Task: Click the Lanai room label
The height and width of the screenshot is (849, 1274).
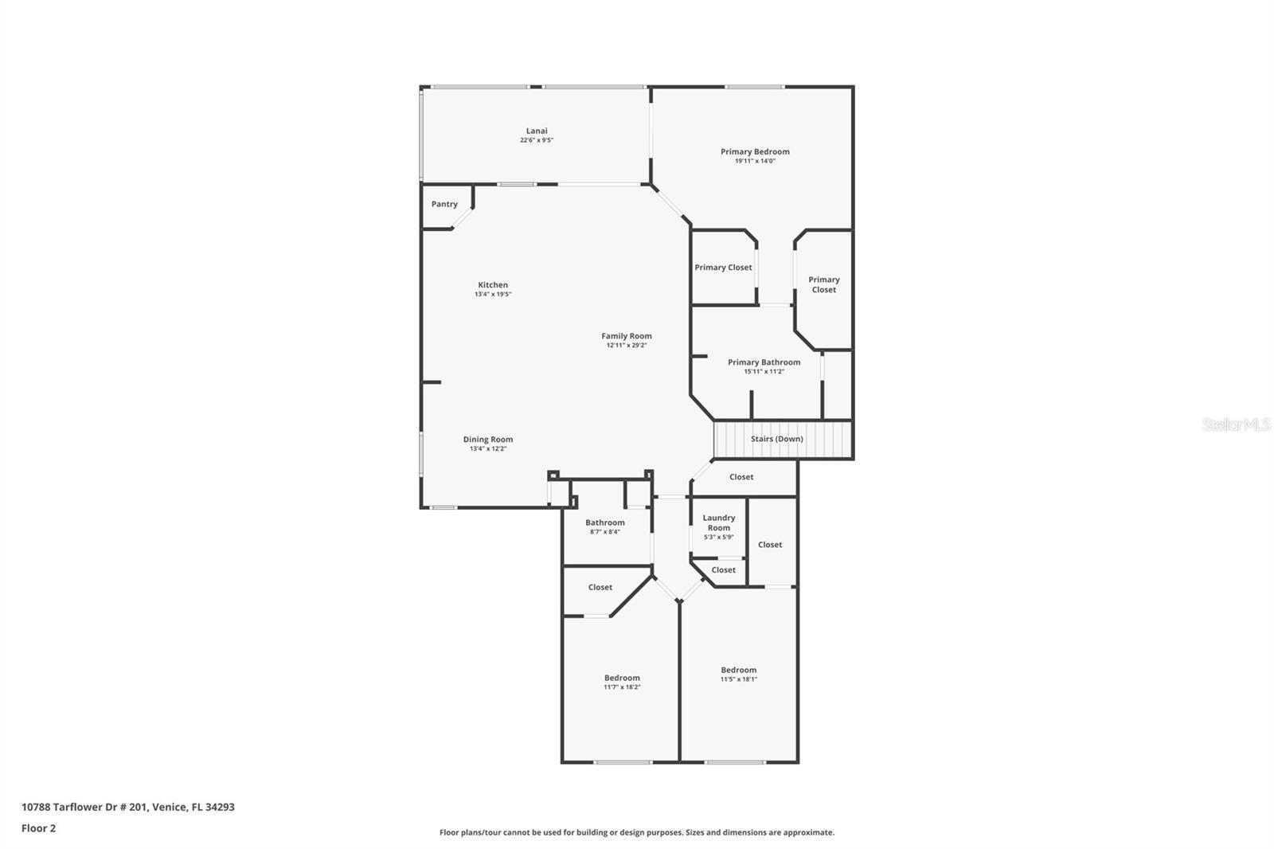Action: coord(537,131)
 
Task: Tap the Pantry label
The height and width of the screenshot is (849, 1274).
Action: coord(444,204)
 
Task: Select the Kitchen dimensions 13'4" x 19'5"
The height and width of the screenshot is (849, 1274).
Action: coord(493,294)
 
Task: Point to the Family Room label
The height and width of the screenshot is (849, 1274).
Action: coord(626,336)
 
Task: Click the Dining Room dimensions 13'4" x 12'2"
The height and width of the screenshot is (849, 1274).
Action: coord(488,448)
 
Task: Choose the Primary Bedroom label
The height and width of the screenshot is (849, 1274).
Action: coord(755,151)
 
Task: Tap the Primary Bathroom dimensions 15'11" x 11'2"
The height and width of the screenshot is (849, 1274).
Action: coord(764,372)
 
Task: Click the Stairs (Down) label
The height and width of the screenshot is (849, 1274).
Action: coord(776,439)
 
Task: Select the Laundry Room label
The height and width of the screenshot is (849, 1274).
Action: coord(718,522)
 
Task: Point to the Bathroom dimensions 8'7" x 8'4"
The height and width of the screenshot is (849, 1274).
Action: coord(604,531)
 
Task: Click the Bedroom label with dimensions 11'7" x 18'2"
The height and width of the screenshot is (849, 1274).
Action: coord(622,678)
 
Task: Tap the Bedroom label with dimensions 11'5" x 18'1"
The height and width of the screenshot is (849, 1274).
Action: coord(738,670)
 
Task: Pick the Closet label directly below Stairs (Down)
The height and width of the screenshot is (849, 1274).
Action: coord(741,477)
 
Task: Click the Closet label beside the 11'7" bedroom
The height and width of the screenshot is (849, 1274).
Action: coord(600,587)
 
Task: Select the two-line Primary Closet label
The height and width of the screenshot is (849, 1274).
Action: coord(823,284)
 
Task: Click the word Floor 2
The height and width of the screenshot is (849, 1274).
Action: coord(39,828)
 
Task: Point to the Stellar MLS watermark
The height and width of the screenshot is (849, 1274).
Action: coord(1237,424)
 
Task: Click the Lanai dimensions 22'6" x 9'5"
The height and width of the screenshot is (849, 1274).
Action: coord(537,140)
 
